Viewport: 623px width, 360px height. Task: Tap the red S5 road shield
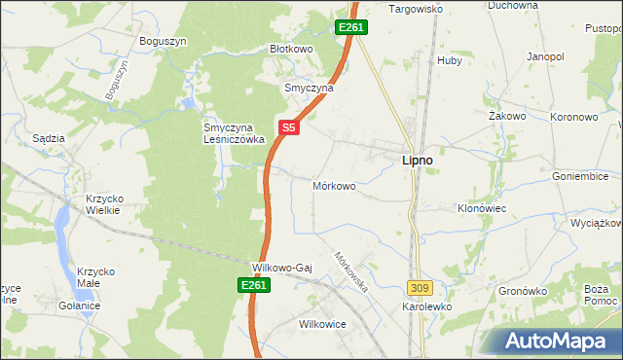tap(288, 126)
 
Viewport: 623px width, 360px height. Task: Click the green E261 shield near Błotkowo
tap(351, 28)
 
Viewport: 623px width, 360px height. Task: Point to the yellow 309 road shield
tap(420, 288)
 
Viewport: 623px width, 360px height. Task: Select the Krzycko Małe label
tap(97, 274)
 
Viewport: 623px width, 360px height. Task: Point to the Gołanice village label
tap(79, 306)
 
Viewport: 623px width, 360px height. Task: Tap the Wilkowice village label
tap(323, 324)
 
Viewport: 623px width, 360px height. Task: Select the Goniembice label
tap(579, 177)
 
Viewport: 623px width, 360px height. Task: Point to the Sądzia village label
tap(49, 138)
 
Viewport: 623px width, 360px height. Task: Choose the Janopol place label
tap(546, 57)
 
